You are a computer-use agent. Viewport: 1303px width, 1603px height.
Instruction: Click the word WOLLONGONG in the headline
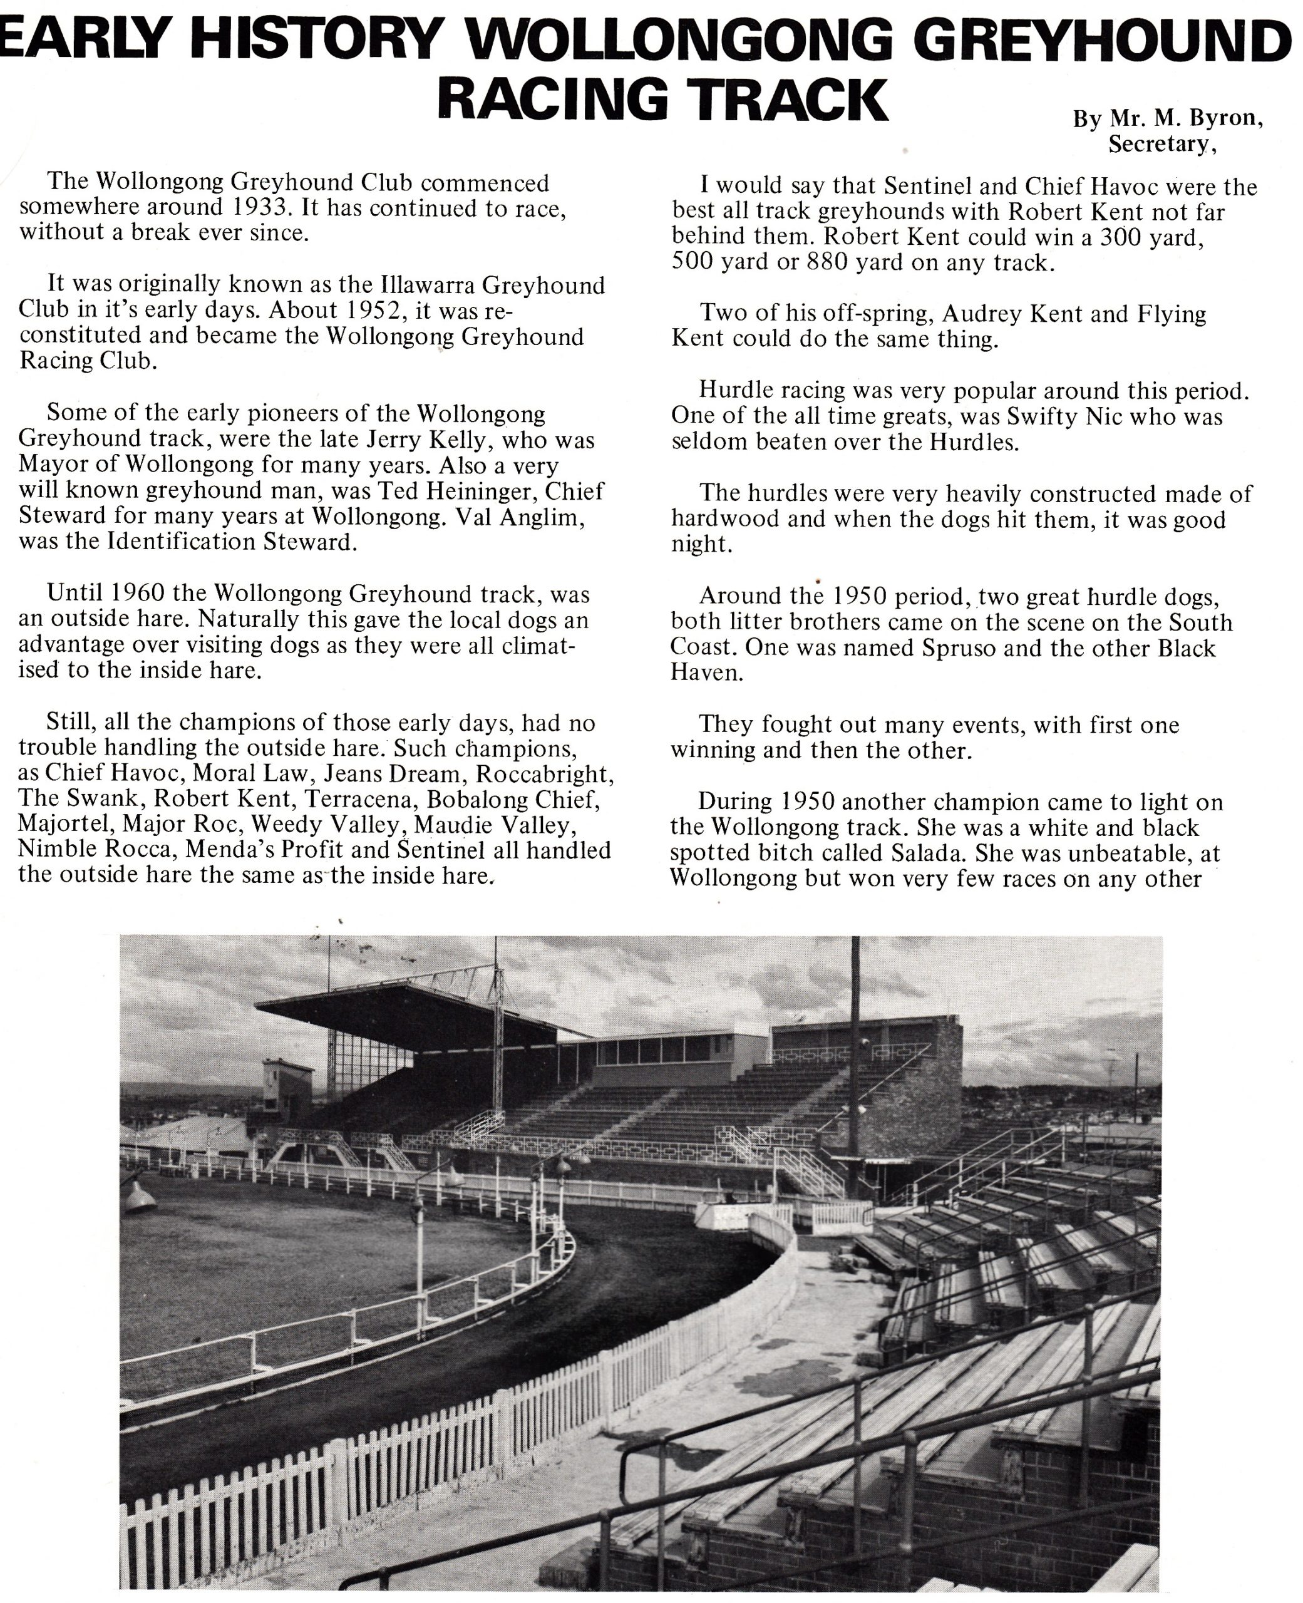679,38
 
